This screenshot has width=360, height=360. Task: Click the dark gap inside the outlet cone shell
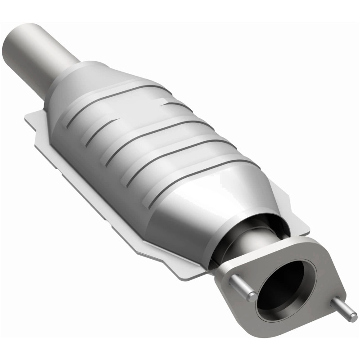pos(252,225)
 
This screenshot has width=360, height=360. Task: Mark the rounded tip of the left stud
pos(253,297)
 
